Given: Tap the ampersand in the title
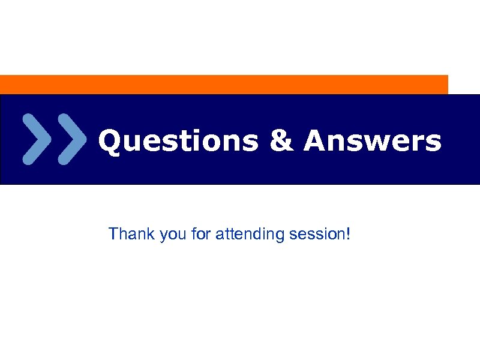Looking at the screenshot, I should click(281, 142).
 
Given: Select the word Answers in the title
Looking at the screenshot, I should click(373, 142).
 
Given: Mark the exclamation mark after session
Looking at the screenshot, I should click(347, 233).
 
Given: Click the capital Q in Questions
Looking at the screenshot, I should click(110, 142).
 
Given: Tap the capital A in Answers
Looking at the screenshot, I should click(316, 142).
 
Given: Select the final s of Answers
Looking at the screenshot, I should click(433, 143).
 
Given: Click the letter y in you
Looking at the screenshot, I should click(163, 236).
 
